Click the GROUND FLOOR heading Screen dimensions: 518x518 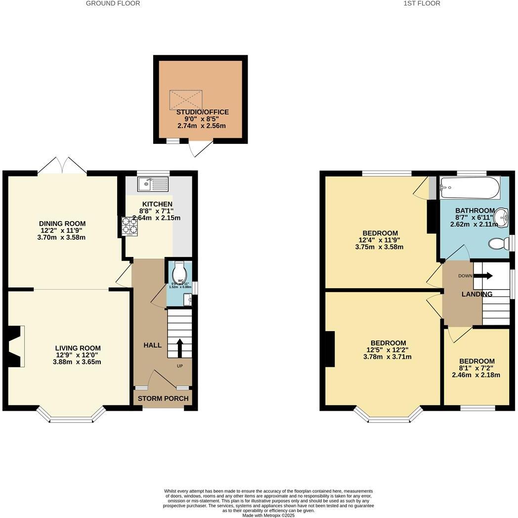point(113,3)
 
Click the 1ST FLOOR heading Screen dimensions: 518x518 point(422,3)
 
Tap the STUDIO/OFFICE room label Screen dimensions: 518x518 point(203,112)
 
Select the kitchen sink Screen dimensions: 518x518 point(154,184)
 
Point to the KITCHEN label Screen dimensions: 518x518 point(157,204)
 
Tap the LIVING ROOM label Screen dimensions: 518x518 point(78,348)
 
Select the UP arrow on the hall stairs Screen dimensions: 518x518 point(179,347)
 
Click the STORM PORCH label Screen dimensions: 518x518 point(163,398)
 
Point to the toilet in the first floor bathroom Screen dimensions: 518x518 point(499,243)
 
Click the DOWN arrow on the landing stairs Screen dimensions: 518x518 point(482,276)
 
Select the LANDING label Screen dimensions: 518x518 point(476,294)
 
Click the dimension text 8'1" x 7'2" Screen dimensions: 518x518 point(476,368)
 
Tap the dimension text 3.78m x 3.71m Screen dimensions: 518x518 point(388,356)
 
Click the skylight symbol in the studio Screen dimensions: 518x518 point(186,100)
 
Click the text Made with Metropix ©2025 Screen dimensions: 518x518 point(269,515)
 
